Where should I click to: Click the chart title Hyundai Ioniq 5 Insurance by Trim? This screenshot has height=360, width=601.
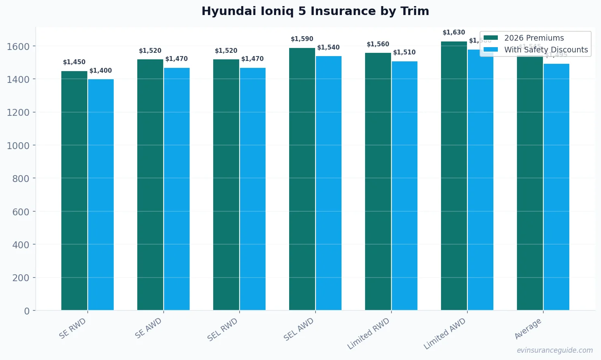pos(315,11)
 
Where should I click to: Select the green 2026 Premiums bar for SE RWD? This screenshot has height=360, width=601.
pos(74,191)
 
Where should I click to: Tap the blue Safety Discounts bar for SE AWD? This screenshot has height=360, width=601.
pos(177,189)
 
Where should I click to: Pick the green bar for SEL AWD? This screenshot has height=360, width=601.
pos(302,179)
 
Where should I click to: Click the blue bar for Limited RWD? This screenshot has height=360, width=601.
pos(404,186)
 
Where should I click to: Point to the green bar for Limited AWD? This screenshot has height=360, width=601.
pos(454,176)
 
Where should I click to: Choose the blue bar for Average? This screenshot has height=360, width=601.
pos(556,187)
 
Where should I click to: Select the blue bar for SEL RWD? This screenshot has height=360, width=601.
pos(253,189)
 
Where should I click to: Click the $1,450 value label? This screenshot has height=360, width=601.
pos(74,62)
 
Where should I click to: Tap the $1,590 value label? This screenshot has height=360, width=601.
pos(302,39)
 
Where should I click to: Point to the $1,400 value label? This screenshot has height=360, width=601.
pos(101,71)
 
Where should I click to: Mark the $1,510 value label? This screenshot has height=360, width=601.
pos(404,52)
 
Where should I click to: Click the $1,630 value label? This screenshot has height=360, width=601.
pos(454,33)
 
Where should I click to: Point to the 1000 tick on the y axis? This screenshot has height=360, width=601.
pos(18,145)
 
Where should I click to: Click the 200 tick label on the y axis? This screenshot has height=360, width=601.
pos(21,278)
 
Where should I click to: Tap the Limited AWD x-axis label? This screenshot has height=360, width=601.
pos(445,334)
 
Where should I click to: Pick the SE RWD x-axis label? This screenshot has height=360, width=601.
pos(73,328)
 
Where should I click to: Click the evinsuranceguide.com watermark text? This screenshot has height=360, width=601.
pos(555,350)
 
